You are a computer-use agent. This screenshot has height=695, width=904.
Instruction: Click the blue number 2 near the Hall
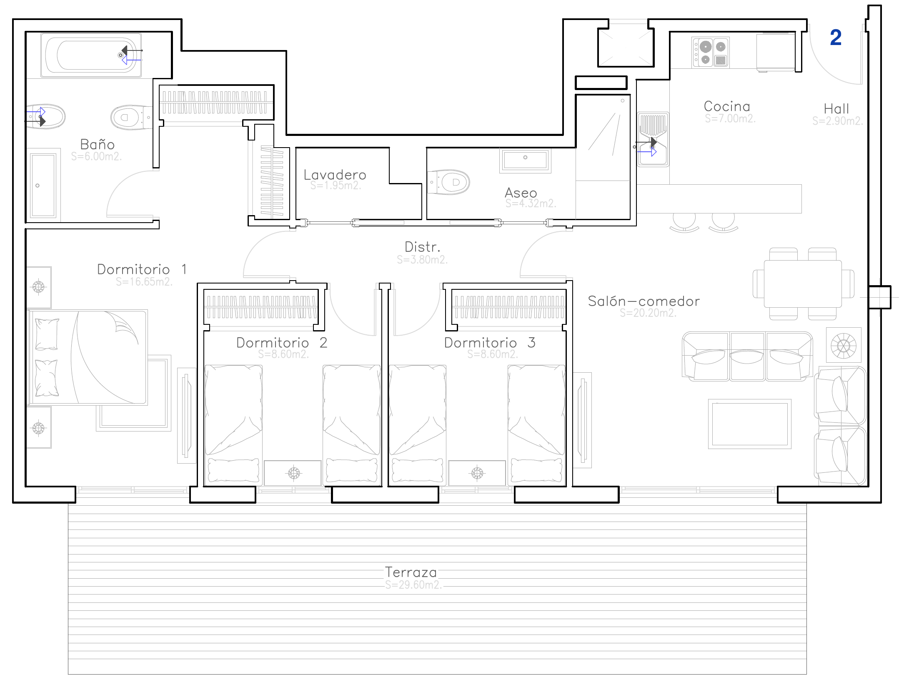pos(836,38)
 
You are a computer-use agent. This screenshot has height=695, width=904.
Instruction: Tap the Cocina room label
pos(727,106)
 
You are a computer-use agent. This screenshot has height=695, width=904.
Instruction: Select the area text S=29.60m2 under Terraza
pos(413,585)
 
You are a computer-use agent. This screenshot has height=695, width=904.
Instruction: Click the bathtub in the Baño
pos(91,55)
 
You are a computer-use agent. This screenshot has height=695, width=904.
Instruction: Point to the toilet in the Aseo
pos(448,182)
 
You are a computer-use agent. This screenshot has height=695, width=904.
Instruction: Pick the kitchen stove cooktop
pos(711,53)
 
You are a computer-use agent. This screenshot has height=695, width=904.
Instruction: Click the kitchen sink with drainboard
pos(653,139)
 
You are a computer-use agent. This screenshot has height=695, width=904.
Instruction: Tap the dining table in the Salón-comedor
pos(803,284)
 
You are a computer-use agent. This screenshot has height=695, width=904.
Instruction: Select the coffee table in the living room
pos(750,424)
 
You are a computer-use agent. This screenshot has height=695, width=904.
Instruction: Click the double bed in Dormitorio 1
pos(88,357)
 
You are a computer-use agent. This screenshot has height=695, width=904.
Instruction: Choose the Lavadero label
pos(335,175)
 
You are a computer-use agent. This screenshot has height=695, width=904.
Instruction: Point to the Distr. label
pos(422,247)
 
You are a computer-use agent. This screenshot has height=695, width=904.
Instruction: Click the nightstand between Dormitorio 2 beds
pos(293,473)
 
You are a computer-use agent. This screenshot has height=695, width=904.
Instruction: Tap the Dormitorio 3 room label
pos(490,343)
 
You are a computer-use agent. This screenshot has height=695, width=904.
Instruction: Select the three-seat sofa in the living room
pos(747,356)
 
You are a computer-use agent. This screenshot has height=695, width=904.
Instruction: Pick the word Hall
pos(836,109)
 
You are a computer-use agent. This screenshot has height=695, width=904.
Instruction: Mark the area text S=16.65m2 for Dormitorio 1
pos(144,282)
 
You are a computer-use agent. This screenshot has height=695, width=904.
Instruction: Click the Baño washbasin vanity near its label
pos(43,185)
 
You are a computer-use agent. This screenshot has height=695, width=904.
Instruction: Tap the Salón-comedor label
pos(644,301)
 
